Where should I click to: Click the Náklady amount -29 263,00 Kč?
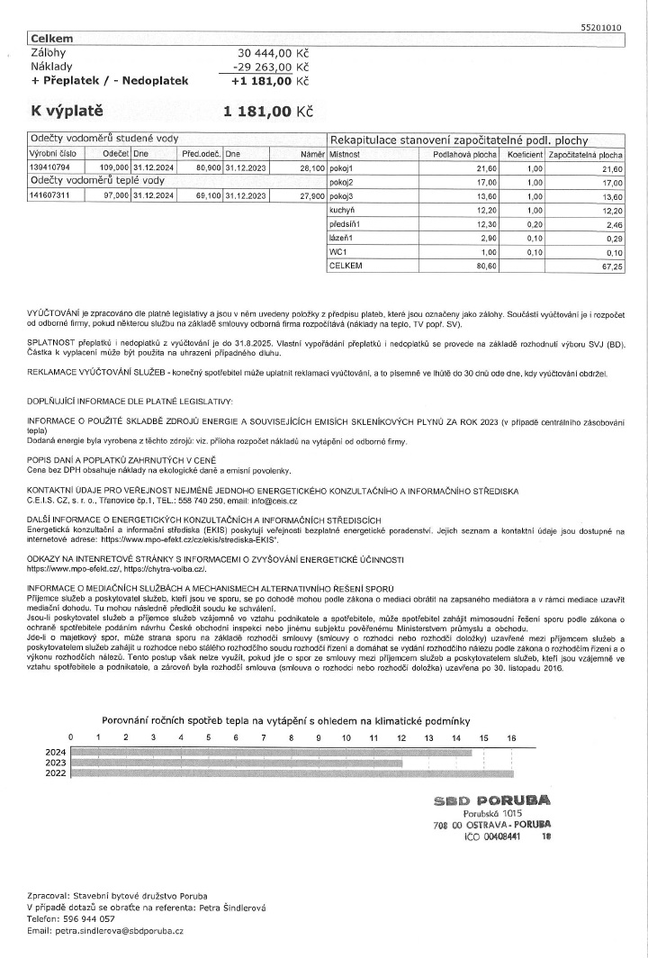(267, 67)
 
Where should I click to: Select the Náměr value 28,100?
(311, 167)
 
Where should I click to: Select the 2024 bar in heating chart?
(271, 750)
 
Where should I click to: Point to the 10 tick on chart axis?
(346, 737)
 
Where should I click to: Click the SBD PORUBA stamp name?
(492, 800)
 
